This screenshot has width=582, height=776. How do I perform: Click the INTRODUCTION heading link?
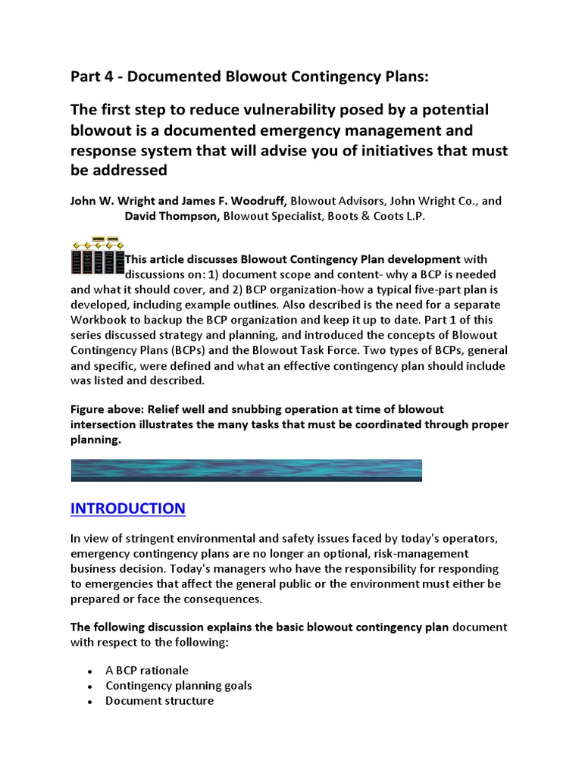click(127, 508)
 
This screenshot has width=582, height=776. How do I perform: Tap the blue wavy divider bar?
click(246, 470)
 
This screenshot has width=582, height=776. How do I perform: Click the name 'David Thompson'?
click(172, 217)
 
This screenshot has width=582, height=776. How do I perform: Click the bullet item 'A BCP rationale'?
click(147, 671)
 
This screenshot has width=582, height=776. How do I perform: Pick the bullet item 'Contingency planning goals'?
click(179, 686)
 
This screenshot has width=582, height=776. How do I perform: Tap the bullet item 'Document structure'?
click(160, 701)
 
